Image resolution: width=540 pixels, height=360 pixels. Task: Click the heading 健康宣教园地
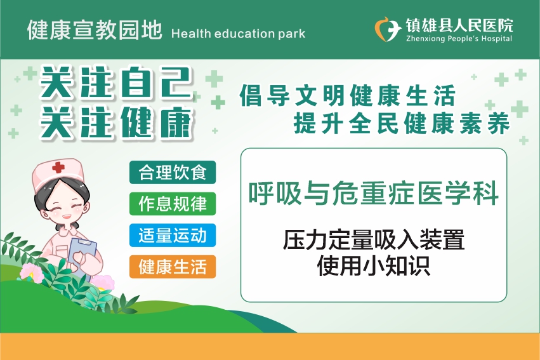[x=95, y=30]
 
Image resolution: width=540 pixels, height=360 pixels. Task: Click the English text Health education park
[x=238, y=34]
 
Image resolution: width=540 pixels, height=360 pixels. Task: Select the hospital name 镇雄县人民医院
[x=459, y=25]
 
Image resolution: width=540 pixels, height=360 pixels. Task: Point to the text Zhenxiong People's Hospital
[x=459, y=39]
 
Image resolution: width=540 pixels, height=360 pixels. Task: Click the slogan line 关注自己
[x=115, y=83]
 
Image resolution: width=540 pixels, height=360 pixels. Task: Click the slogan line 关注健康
[x=116, y=123]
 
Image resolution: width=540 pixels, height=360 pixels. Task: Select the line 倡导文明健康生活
[x=348, y=95]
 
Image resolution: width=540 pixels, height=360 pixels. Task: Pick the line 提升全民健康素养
[x=402, y=123]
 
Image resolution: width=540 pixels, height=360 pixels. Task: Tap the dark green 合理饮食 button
[x=173, y=172]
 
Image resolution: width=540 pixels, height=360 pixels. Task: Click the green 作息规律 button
[x=173, y=204]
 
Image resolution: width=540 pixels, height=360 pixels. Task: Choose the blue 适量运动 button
[x=173, y=236]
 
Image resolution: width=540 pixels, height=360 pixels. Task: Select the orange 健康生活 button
[x=173, y=267]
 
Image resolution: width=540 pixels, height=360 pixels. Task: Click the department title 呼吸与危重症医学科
[x=374, y=193]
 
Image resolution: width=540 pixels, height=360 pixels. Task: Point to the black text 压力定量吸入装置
[x=374, y=240]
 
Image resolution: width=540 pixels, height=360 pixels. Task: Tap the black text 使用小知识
[x=374, y=265]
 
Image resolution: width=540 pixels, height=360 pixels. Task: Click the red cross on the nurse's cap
[x=58, y=168]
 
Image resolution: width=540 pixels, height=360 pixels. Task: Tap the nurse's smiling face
[x=62, y=206]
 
